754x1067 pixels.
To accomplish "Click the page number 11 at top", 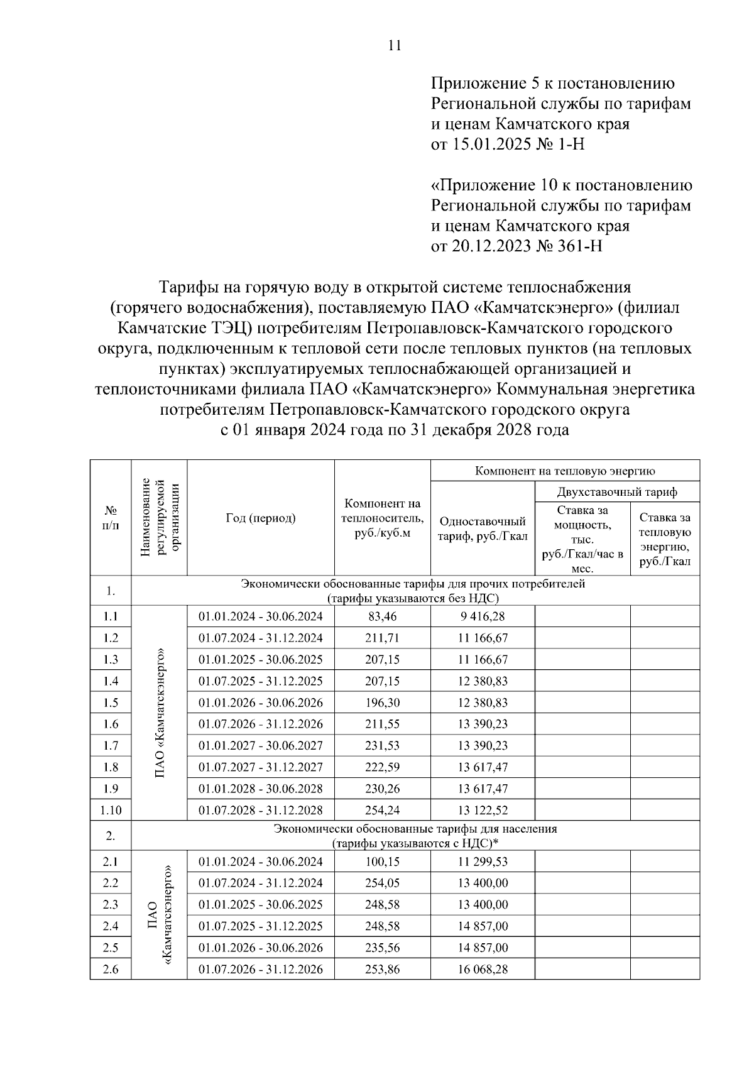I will pos(395,45).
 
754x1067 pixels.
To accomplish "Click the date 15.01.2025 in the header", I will pos(487,145).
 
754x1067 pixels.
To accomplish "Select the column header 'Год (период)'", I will pos(260,518).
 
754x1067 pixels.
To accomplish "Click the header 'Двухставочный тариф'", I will pos(617,491).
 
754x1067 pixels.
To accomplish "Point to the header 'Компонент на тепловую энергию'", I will pos(565,471).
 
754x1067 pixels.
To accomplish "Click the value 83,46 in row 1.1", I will pos(382,616).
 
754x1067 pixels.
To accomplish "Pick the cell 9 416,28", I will pos(482,616).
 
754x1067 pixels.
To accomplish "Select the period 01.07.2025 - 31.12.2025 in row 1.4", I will pos(260,681).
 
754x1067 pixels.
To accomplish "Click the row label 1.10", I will pos(111,810).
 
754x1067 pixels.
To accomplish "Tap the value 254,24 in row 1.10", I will pos(382,810).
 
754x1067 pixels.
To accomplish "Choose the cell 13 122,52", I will pos(482,810).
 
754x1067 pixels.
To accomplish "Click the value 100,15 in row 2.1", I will pos(382,862).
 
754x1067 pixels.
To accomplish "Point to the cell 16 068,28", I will pos(482,969).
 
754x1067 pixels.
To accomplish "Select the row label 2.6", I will pos(111,969).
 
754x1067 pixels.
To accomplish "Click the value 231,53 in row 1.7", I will pos(382,746).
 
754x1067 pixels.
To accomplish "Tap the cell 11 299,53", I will pos(482,862).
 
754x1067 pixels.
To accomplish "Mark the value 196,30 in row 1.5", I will pos(382,703).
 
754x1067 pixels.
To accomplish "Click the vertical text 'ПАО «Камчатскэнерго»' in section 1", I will pos(160,713).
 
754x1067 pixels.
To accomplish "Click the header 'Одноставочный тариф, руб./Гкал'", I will pos(482,528).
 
